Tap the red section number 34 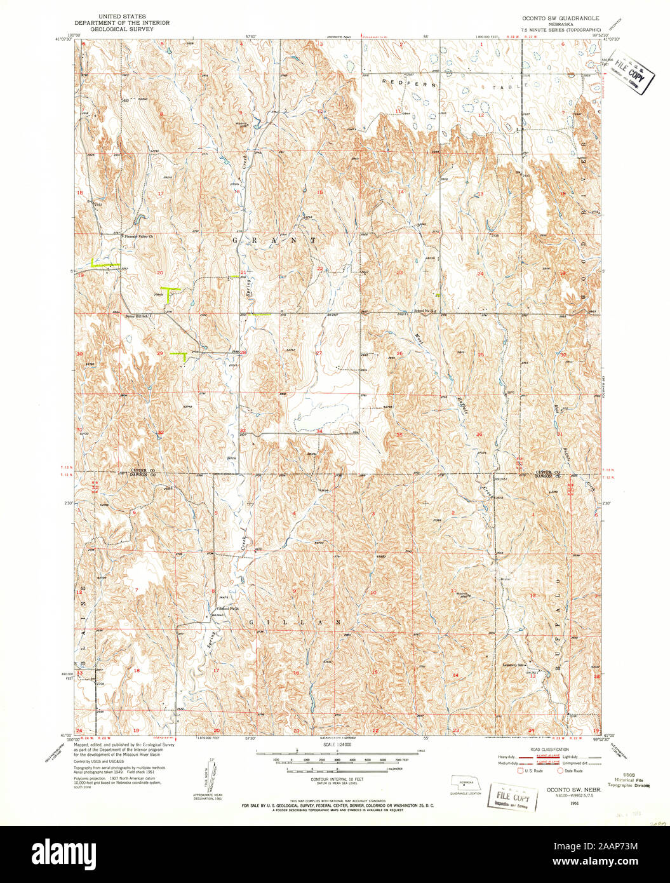[x=319, y=431]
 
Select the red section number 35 [x=399, y=435]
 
